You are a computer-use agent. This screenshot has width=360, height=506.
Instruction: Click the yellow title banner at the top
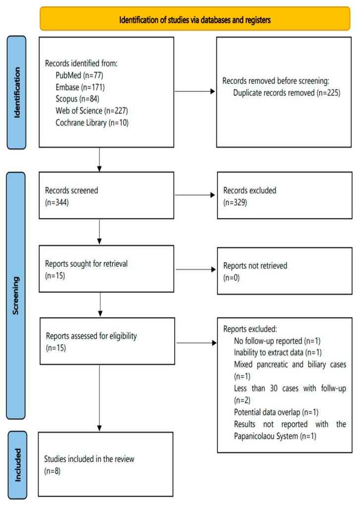click(195, 19)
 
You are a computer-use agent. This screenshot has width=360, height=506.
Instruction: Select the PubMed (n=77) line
click(79, 75)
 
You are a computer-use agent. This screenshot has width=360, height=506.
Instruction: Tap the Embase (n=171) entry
click(80, 87)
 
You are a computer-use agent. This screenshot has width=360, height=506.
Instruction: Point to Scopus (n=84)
click(77, 99)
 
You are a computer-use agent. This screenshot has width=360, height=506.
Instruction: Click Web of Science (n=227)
click(92, 111)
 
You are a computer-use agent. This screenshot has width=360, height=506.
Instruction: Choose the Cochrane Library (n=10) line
click(92, 122)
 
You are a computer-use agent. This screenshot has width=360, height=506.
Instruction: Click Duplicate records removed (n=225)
click(287, 93)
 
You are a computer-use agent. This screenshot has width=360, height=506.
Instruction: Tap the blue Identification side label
click(16, 92)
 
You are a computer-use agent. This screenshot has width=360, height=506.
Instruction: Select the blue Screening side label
click(15, 295)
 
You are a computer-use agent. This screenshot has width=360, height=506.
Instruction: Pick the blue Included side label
click(17, 465)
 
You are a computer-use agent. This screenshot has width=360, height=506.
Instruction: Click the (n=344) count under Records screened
click(57, 202)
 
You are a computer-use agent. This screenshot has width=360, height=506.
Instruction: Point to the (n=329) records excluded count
click(235, 202)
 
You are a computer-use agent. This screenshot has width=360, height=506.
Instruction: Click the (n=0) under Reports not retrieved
click(231, 278)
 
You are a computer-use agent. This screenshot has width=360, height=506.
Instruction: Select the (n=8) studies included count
click(52, 471)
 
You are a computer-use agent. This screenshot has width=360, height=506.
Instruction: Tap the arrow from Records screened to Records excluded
click(195, 195)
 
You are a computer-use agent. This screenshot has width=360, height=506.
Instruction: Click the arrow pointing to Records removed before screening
click(195, 91)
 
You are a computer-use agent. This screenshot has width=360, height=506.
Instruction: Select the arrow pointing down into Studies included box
click(100, 398)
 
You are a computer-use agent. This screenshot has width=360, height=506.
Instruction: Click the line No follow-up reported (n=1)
click(277, 341)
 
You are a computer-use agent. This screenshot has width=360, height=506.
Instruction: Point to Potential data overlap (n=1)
click(276, 412)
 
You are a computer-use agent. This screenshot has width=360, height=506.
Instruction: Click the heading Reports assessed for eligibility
click(91, 336)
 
